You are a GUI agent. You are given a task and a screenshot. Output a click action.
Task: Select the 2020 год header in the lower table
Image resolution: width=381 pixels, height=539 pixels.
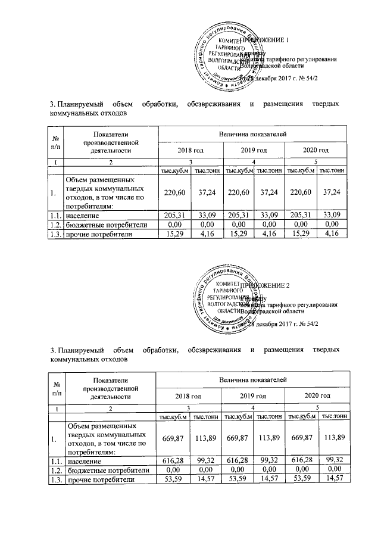[317, 395]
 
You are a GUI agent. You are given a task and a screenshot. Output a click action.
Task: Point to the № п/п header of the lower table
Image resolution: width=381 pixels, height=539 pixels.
[58, 388]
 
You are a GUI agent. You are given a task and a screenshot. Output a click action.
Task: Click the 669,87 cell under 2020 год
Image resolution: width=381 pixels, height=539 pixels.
[301, 438]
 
